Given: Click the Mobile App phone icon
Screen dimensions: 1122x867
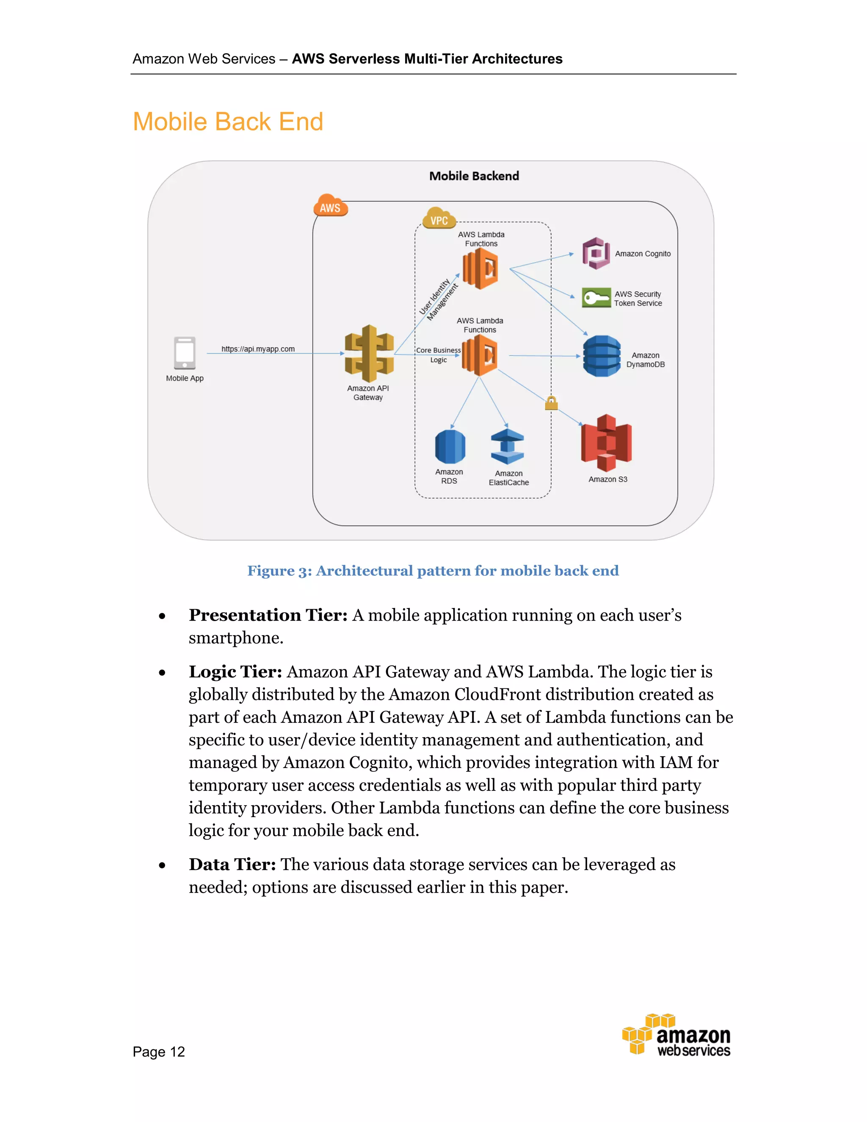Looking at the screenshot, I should [185, 353].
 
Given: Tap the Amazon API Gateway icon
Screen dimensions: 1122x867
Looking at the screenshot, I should [369, 354].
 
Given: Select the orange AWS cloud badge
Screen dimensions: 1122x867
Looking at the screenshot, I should [330, 206].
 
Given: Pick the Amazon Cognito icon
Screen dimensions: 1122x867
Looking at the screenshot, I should [596, 253].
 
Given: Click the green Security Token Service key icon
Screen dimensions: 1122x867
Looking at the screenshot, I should [596, 298].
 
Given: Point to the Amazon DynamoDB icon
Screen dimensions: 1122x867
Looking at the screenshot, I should [602, 356].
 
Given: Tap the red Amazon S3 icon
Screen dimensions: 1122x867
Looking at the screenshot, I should [607, 443].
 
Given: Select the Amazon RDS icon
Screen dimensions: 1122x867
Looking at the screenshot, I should [450, 446].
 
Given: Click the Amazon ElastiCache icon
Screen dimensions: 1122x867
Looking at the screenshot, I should [508, 447].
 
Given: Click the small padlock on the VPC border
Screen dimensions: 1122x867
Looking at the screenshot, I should [551, 403].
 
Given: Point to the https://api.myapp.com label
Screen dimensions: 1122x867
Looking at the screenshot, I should [258, 349].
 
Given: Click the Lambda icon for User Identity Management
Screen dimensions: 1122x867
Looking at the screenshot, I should [480, 268].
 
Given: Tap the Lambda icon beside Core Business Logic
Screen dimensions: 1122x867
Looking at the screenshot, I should [479, 355].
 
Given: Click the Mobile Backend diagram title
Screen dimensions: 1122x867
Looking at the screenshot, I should [474, 176].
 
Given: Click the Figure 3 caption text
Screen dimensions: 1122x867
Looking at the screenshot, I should [433, 571].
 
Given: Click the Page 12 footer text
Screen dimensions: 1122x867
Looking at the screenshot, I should [159, 1052].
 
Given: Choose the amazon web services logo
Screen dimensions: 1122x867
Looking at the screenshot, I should [676, 1036].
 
